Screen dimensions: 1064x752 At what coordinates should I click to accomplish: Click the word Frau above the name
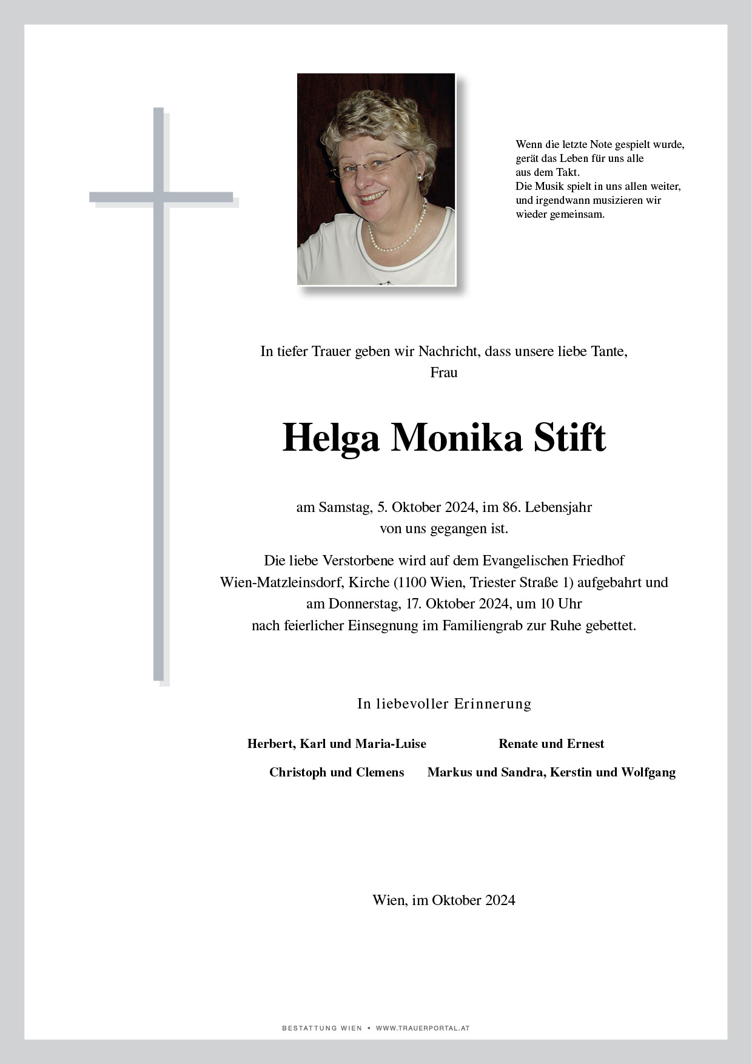point(443,372)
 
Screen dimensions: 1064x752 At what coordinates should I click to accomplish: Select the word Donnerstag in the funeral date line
point(363,604)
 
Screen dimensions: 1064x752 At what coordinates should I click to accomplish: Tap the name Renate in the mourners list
point(518,744)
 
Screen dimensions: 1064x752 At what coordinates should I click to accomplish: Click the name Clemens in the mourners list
point(380,772)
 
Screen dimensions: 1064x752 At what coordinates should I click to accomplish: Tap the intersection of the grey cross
point(159,197)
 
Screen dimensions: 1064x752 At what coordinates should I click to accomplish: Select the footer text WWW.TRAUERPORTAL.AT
point(423,1028)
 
